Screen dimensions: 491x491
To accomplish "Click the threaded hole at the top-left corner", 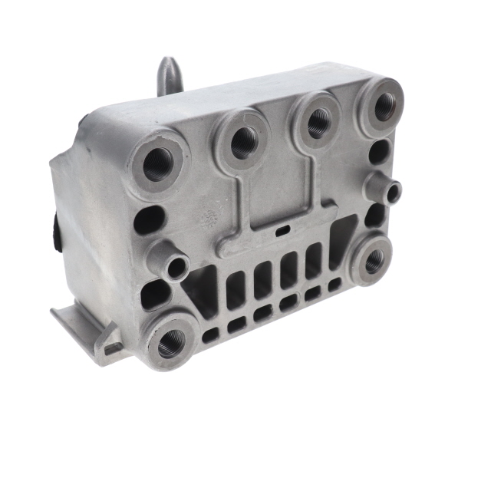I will coord(158,163).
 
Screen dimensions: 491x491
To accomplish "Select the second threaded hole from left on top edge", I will coord(244,140).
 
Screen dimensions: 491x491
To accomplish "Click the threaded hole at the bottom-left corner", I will coord(170,342).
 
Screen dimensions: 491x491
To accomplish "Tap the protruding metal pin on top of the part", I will coord(169,75).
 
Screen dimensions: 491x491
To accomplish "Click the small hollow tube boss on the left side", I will coord(176,266).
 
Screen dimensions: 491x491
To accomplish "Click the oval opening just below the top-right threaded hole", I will coord(379,151).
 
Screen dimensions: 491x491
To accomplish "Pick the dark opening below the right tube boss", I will coord(375,216).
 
